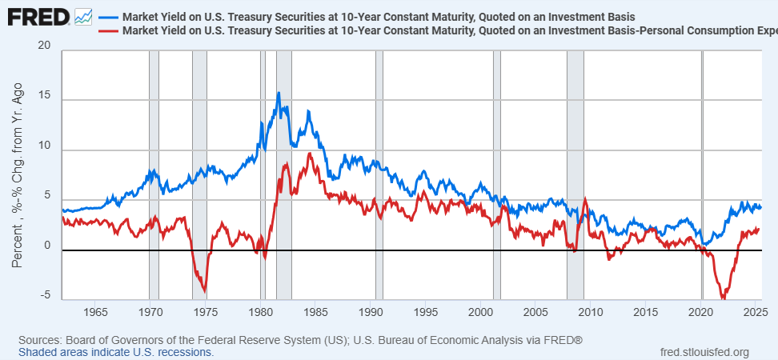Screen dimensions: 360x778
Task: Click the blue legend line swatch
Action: coord(108,17)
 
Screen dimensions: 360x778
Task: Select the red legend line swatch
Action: coord(108,31)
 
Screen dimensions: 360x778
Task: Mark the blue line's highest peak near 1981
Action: coord(279,93)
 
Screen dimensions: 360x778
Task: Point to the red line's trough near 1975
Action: coord(206,291)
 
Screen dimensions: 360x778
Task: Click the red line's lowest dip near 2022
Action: coord(724,298)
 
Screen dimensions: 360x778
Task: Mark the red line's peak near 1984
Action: coord(309,154)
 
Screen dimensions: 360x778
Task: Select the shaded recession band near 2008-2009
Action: coord(575,176)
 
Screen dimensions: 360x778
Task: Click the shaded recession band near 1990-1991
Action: coord(379,176)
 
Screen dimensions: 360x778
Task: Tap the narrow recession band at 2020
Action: coord(703,176)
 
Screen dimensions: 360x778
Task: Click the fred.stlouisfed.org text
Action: coord(704,352)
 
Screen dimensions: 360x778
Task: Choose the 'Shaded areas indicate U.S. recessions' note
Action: coord(116,352)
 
